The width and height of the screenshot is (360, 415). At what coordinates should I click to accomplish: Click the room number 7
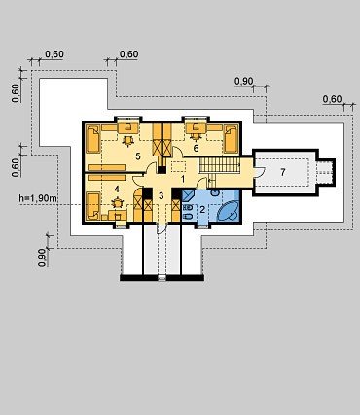(283, 172)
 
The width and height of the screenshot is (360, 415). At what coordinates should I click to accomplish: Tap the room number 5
(138, 156)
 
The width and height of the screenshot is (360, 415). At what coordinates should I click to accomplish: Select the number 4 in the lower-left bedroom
(117, 189)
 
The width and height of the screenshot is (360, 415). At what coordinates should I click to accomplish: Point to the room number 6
(196, 148)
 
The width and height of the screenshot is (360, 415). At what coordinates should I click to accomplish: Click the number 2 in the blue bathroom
(202, 210)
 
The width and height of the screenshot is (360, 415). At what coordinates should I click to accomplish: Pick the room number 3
(162, 195)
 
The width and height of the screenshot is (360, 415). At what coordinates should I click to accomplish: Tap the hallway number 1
(183, 179)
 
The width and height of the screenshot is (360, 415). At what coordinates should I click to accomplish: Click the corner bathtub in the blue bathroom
(228, 211)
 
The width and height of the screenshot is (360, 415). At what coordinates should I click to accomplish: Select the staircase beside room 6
(219, 165)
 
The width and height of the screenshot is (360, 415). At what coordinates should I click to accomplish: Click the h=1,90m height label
(38, 198)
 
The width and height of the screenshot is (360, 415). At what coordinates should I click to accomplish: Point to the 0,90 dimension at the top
(243, 81)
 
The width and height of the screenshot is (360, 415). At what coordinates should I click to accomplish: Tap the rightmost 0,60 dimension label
(332, 99)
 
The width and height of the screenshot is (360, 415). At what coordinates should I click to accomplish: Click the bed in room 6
(232, 139)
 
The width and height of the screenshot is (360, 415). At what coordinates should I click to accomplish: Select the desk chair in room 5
(128, 140)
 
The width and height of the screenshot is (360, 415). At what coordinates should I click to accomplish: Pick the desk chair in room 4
(117, 203)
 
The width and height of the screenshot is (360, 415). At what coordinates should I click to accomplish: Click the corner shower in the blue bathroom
(188, 196)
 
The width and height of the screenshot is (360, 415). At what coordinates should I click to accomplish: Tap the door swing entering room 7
(260, 172)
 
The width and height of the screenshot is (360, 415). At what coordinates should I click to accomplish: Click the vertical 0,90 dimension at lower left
(42, 258)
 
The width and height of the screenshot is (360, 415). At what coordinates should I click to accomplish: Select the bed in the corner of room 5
(93, 139)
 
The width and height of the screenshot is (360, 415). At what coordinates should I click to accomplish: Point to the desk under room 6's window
(196, 128)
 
